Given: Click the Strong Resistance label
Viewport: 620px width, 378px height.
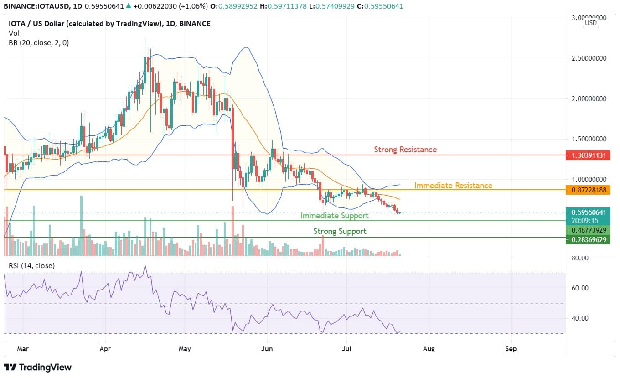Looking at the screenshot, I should pos(405,150).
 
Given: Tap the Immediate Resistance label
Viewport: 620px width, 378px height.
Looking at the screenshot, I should pos(453,186).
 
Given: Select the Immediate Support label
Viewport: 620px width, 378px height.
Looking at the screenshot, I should pos(334,216).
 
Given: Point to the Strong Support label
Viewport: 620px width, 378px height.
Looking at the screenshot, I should pos(340,231).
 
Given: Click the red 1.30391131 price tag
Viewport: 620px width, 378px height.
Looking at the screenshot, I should pos(588,155).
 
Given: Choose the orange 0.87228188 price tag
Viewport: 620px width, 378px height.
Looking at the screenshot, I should pos(588,190).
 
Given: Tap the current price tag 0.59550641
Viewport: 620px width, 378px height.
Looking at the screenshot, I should pos(588,212).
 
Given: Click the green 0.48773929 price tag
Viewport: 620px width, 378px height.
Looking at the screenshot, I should pos(588,230).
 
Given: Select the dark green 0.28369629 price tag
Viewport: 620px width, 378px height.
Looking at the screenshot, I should pos(588,239).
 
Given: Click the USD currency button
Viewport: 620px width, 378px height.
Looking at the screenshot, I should pos(591,23).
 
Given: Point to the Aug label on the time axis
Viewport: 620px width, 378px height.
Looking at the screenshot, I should pos(429,349).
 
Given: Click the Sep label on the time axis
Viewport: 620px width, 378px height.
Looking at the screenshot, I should pos(511,349).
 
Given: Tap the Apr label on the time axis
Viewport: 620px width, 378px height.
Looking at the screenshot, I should pos(105,349).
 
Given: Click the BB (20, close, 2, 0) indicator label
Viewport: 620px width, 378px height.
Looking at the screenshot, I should pos(39,42).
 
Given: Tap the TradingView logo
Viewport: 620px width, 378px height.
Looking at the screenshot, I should pos(37,367).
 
